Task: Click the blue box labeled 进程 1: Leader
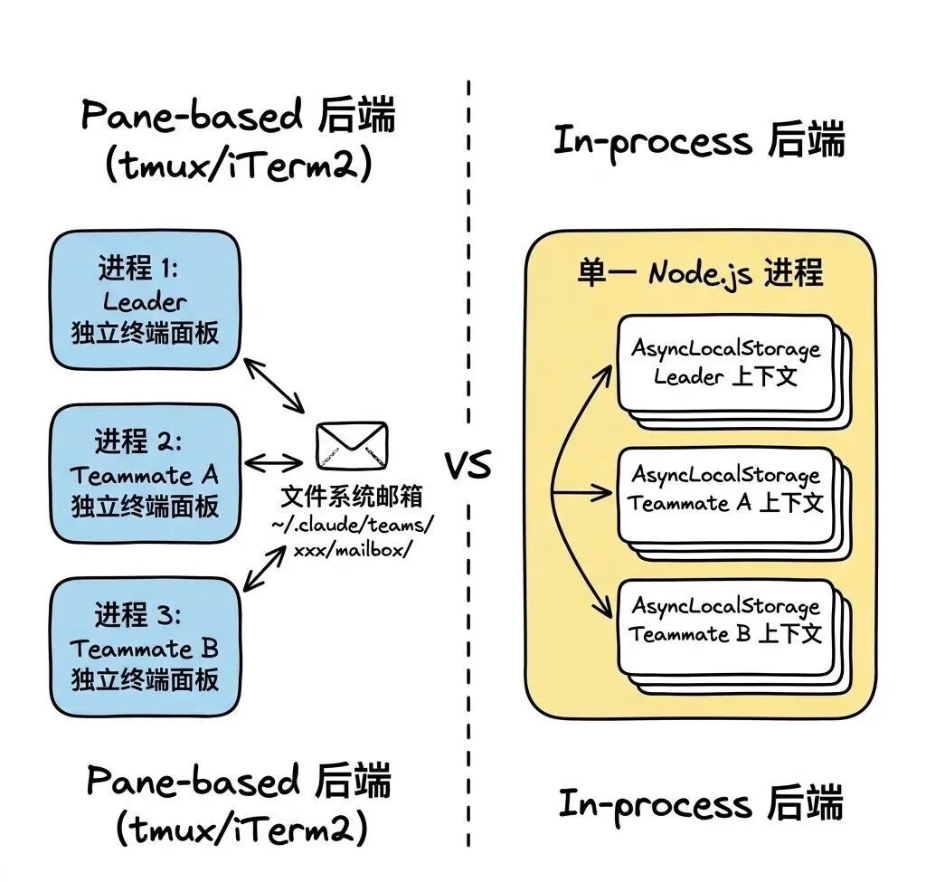click(145, 301)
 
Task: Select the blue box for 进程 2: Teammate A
click(145, 473)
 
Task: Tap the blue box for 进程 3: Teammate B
click(145, 647)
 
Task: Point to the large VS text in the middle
click(468, 466)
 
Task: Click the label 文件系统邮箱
click(351, 498)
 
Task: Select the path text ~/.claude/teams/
click(352, 525)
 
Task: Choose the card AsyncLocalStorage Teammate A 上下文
click(725, 489)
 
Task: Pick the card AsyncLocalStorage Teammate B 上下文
click(725, 621)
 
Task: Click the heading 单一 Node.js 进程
click(700, 272)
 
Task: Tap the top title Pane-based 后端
click(238, 118)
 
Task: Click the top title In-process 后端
click(699, 142)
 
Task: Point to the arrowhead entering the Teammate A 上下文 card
click(607, 494)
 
